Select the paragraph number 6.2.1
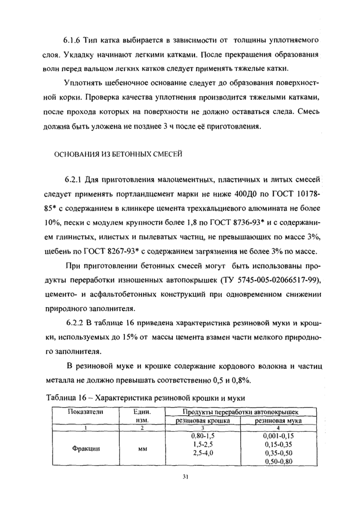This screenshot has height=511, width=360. (74, 181)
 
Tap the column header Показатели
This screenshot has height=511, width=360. (86, 413)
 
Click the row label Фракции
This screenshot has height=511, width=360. (86, 448)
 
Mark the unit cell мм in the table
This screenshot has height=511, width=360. (142, 448)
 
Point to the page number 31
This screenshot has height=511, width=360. (186, 477)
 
